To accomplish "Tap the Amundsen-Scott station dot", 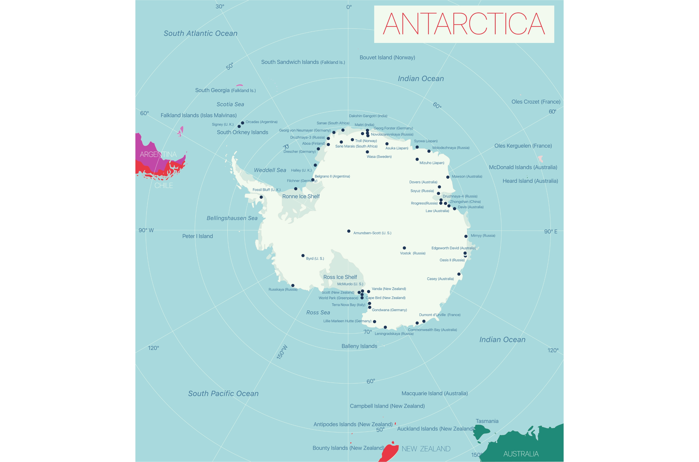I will pos(349,231).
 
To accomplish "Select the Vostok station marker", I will pos(404,248).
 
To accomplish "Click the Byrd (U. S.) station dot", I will pos(303,256).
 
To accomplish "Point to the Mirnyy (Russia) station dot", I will pos(466,236).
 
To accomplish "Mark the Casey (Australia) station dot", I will pos(459,274).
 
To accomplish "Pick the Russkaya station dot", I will pos(293,285).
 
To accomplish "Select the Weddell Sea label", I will pos(270,170).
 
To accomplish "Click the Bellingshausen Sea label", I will pos(232,218).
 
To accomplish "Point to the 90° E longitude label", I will pos(551,232).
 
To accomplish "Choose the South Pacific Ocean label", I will pos(223,393).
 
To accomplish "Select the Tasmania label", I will pos(487,421).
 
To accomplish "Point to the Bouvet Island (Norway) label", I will pos(387,58).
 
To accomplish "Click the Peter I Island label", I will pos(197,236).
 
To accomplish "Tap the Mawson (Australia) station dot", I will pos(448,177).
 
